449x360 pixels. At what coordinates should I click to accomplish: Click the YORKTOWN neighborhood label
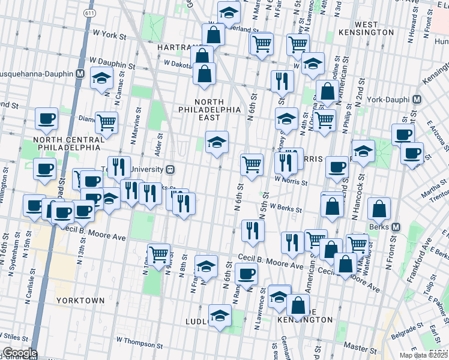click(x=81, y=300)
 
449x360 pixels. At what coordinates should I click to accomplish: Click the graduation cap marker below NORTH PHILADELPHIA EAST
click(x=217, y=143)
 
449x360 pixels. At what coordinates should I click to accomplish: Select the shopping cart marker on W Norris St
click(x=252, y=164)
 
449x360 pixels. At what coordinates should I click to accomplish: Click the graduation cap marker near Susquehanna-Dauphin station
click(x=101, y=79)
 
